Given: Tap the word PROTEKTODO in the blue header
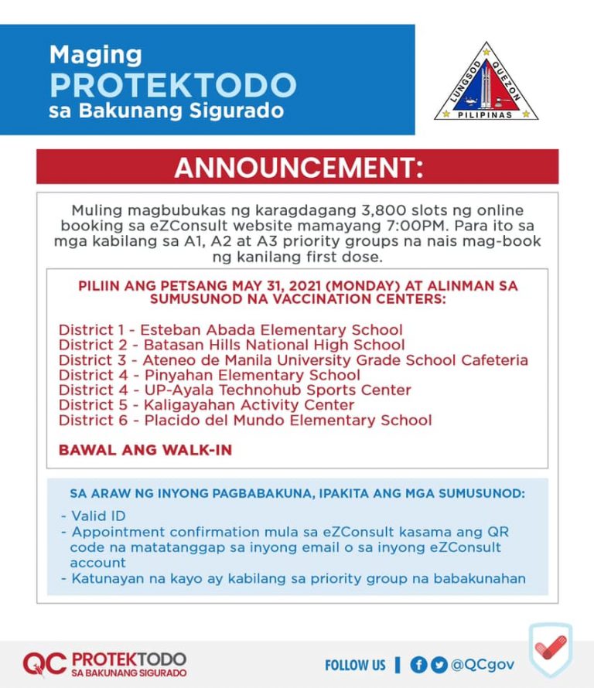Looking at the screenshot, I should [172, 84].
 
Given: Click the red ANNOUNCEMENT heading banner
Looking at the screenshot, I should [298, 167].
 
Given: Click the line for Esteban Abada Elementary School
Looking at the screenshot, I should [230, 330].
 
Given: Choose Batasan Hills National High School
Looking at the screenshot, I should [231, 345].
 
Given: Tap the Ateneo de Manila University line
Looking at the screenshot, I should [293, 360].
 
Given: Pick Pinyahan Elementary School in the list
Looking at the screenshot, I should [209, 375].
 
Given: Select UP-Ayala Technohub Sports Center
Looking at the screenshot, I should [234, 390].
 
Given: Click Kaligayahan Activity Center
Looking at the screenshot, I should [206, 405].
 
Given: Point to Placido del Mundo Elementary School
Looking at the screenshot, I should [245, 421].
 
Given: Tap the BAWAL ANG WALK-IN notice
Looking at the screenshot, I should [145, 449].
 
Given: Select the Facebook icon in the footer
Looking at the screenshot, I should [419, 664].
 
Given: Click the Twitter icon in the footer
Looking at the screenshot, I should [439, 664].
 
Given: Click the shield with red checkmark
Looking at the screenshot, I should [551, 652].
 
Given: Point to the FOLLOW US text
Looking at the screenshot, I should [355, 665].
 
